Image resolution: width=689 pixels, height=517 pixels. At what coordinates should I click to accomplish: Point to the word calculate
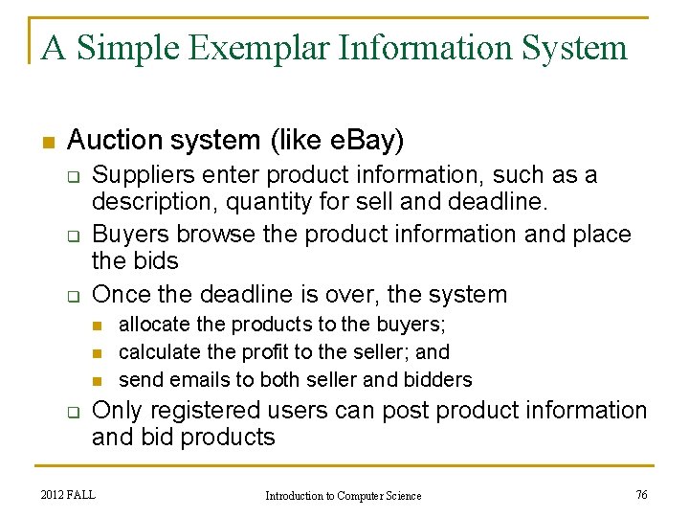(x=157, y=352)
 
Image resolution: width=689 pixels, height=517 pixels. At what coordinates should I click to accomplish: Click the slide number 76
(x=641, y=494)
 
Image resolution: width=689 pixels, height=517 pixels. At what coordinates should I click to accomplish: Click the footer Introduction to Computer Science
(x=343, y=495)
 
